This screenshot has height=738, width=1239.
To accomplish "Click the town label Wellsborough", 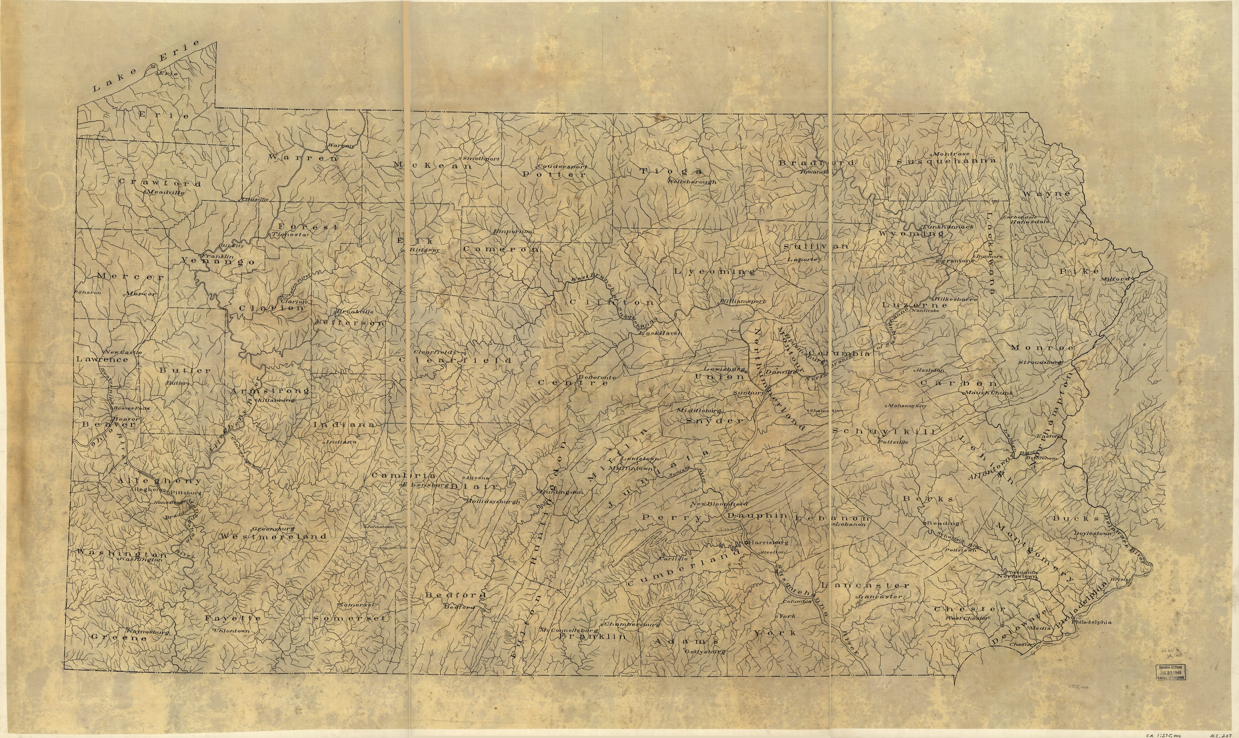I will click(692, 182).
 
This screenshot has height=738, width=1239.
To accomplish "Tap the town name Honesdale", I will click(1029, 221).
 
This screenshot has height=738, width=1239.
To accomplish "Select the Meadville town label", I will click(166, 192).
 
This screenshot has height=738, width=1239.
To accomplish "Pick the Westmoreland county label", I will click(273, 537).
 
